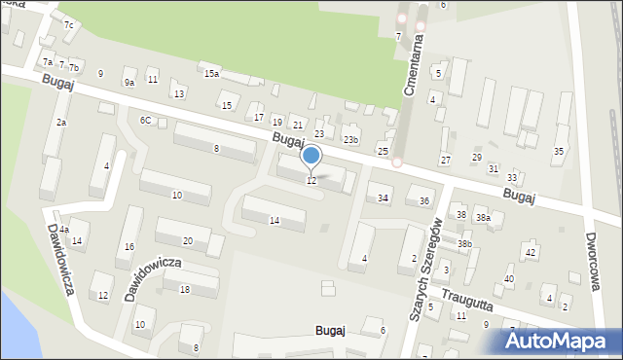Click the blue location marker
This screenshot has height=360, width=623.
click(311, 156)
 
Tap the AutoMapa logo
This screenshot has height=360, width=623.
click(555, 340)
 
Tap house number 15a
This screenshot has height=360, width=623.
click(210, 74)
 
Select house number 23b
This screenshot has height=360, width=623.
click(349, 140)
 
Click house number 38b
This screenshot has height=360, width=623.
click(464, 244)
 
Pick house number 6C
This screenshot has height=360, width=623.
click(145, 121)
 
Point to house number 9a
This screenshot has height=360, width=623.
click(128, 83)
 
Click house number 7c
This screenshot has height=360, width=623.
click(68, 24)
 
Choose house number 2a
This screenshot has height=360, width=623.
click(60, 123)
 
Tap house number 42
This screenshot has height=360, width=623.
click(530, 253)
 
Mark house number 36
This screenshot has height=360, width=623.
click(423, 201)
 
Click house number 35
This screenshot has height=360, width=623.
click(558, 152)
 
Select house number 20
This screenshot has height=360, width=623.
click(187, 240)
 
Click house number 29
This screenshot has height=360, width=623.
click(476, 158)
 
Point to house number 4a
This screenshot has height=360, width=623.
click(63, 230)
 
